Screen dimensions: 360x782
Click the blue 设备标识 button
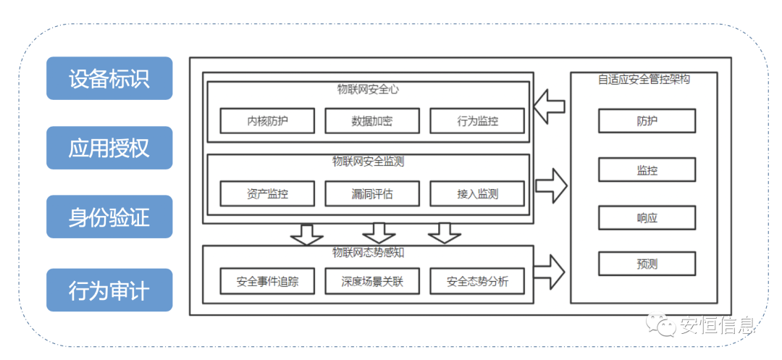tap(109, 78)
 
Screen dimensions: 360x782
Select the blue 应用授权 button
tap(109, 148)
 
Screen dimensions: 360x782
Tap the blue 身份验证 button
tap(109, 217)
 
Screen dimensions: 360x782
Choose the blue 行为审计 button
tap(109, 290)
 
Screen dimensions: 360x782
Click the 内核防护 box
tap(267, 121)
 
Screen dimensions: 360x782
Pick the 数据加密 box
tap(371, 121)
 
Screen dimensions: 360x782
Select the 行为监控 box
tap(477, 121)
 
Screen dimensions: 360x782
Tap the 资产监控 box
tap(267, 193)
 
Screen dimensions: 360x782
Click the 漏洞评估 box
tap(371, 193)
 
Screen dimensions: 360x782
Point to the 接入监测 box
tap(477, 193)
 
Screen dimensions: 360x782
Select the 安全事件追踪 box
tap(267, 281)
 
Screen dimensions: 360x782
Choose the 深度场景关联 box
tap(371, 281)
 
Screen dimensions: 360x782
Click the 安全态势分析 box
tap(477, 281)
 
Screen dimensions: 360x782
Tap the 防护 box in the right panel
tap(647, 121)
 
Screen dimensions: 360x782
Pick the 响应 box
tap(647, 217)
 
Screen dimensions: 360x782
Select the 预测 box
tap(647, 264)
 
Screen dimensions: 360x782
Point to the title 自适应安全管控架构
tap(644, 80)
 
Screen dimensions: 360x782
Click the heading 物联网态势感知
tap(368, 253)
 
